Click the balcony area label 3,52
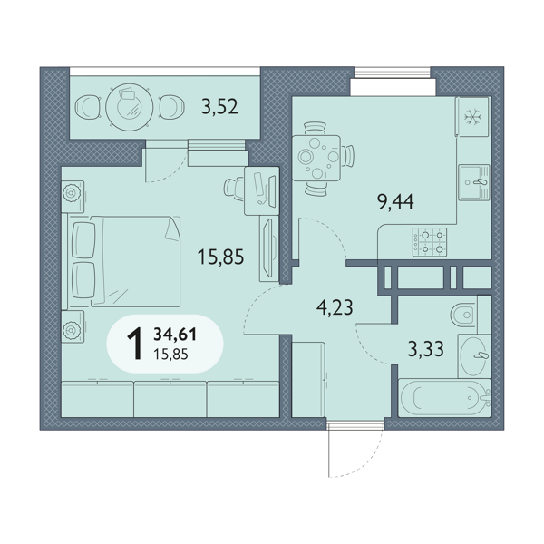pyautogui.click(x=219, y=106)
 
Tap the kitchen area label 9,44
pyautogui.click(x=395, y=202)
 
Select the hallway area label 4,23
pyautogui.click(x=335, y=307)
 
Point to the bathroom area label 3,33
pyautogui.click(x=426, y=349)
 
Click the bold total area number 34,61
pyautogui.click(x=175, y=335)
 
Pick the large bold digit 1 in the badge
pyautogui.click(x=134, y=344)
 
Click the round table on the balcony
pyautogui.click(x=129, y=106)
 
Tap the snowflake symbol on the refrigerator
pyautogui.click(x=473, y=116)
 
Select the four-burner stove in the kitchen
pyautogui.click(x=430, y=242)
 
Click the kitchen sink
pyautogui.click(x=474, y=182)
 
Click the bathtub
pyautogui.click(x=445, y=398)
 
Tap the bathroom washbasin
pyautogui.click(x=474, y=356)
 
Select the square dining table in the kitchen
pyautogui.click(x=316, y=158)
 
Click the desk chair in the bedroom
pyautogui.click(x=234, y=189)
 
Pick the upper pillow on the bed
pyautogui.click(x=83, y=240)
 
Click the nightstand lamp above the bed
pyautogui.click(x=72, y=193)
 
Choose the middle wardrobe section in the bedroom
pyautogui.click(x=170, y=399)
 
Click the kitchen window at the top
pyautogui.click(x=393, y=72)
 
